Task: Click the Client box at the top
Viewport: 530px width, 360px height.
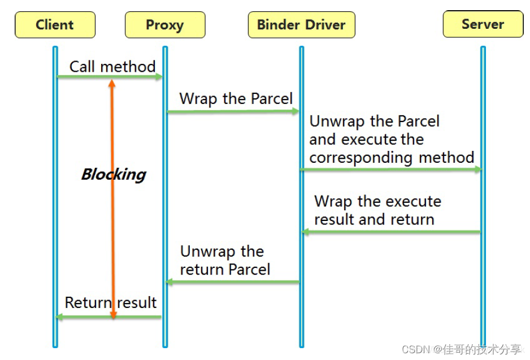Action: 55,25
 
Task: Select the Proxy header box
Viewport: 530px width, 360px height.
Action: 165,25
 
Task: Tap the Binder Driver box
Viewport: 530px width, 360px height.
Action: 301,25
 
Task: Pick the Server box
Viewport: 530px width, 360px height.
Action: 483,24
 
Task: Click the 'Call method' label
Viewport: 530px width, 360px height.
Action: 112,67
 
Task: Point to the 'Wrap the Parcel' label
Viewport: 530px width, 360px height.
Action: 236,99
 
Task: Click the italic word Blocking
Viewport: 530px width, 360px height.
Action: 114,174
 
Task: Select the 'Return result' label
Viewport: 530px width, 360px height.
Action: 111,302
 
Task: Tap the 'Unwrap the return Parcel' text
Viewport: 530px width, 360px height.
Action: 225,261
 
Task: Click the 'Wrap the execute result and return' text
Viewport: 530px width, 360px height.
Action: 377,210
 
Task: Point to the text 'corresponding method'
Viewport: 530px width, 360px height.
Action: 392,158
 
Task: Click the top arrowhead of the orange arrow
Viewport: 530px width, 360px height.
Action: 112,83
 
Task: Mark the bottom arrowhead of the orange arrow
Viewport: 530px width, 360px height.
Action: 112,314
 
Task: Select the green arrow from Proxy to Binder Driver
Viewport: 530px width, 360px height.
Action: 233,111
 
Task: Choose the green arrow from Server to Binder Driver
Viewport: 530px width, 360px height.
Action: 391,232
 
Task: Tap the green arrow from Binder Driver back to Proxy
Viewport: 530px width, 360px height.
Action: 233,281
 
